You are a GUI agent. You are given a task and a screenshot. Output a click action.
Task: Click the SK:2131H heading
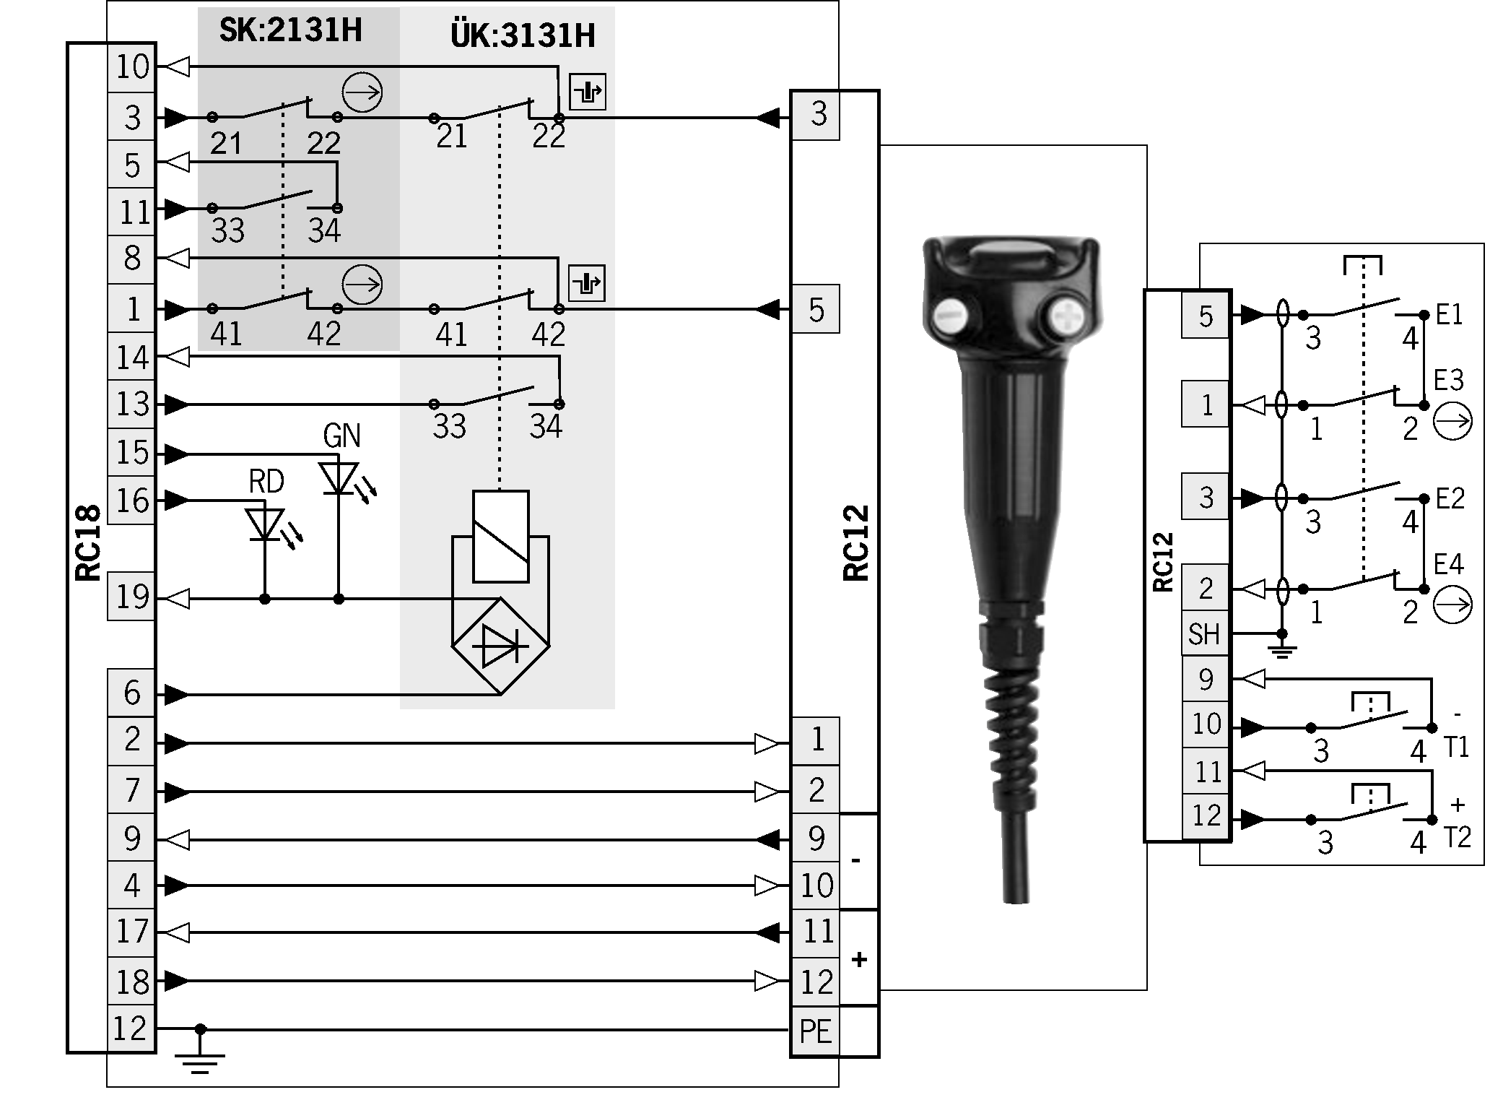(290, 30)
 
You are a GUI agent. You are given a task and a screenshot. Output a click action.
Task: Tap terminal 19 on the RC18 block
(131, 597)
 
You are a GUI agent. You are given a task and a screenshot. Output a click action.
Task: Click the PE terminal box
(816, 1031)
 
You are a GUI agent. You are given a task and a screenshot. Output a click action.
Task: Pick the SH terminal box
(1205, 634)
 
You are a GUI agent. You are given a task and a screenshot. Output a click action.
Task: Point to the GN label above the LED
(341, 436)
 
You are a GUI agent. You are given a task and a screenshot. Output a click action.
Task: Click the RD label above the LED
(266, 481)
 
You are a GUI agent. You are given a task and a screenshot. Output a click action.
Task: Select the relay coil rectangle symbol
(500, 537)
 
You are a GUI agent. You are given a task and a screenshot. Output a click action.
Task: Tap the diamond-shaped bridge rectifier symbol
(500, 646)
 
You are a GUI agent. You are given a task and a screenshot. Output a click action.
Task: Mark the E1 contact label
(1449, 315)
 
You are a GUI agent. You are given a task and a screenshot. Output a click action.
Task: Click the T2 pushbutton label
(1457, 837)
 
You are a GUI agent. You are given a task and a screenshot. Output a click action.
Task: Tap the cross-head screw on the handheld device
(1065, 316)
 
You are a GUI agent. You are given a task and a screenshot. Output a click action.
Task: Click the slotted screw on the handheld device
(951, 315)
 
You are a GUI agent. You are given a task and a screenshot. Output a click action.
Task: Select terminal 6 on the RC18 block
(131, 693)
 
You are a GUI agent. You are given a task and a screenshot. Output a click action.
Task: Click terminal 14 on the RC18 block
(131, 357)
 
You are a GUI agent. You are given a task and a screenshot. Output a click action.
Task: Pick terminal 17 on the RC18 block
(131, 932)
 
